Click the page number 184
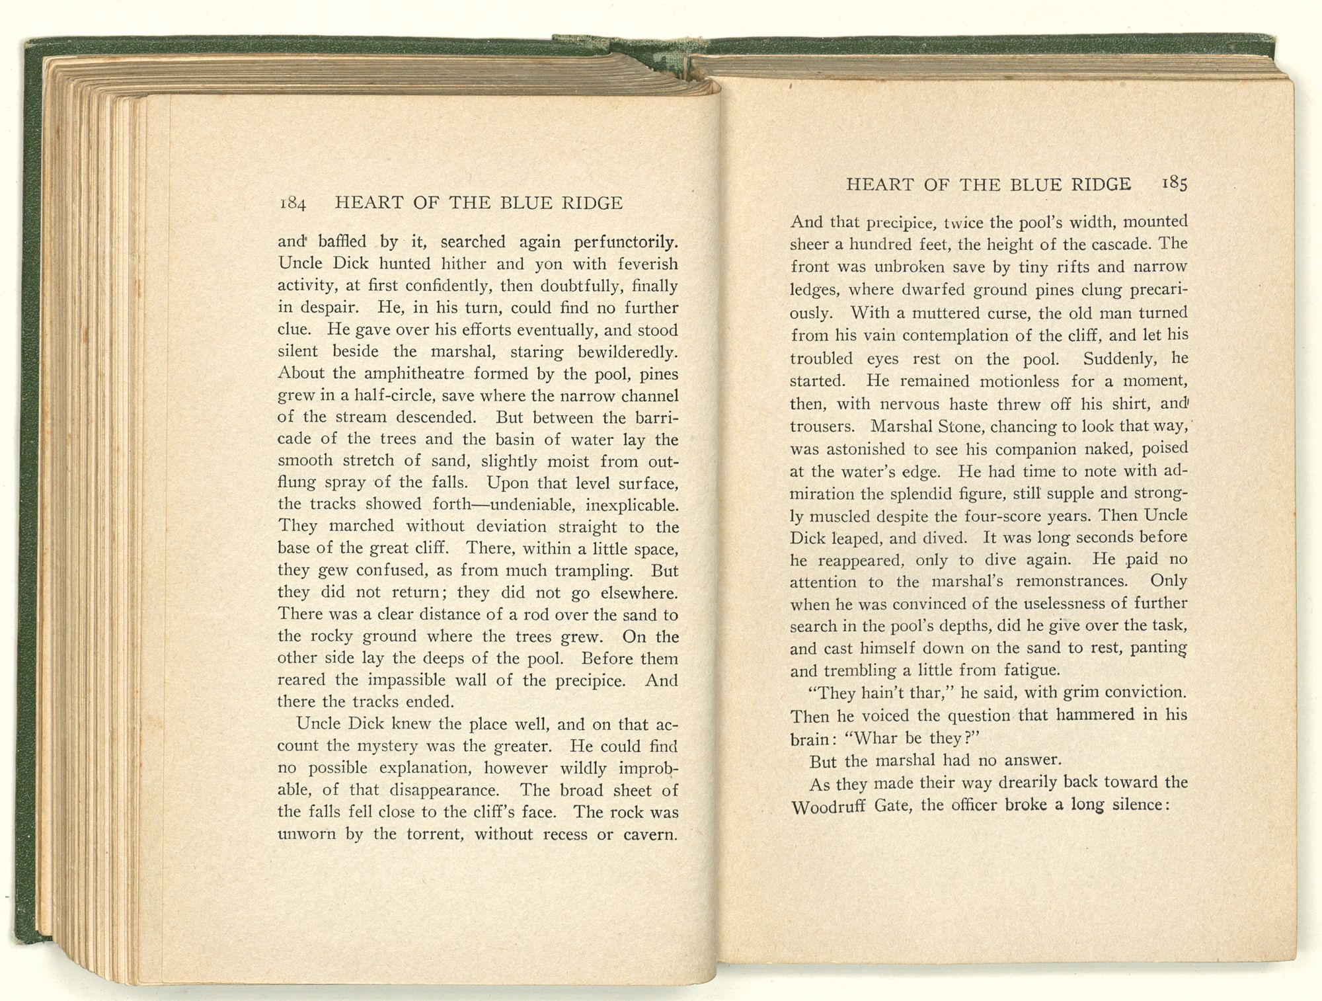pos(292,204)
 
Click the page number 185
pos(1173,184)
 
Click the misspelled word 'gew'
pos(334,571)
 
